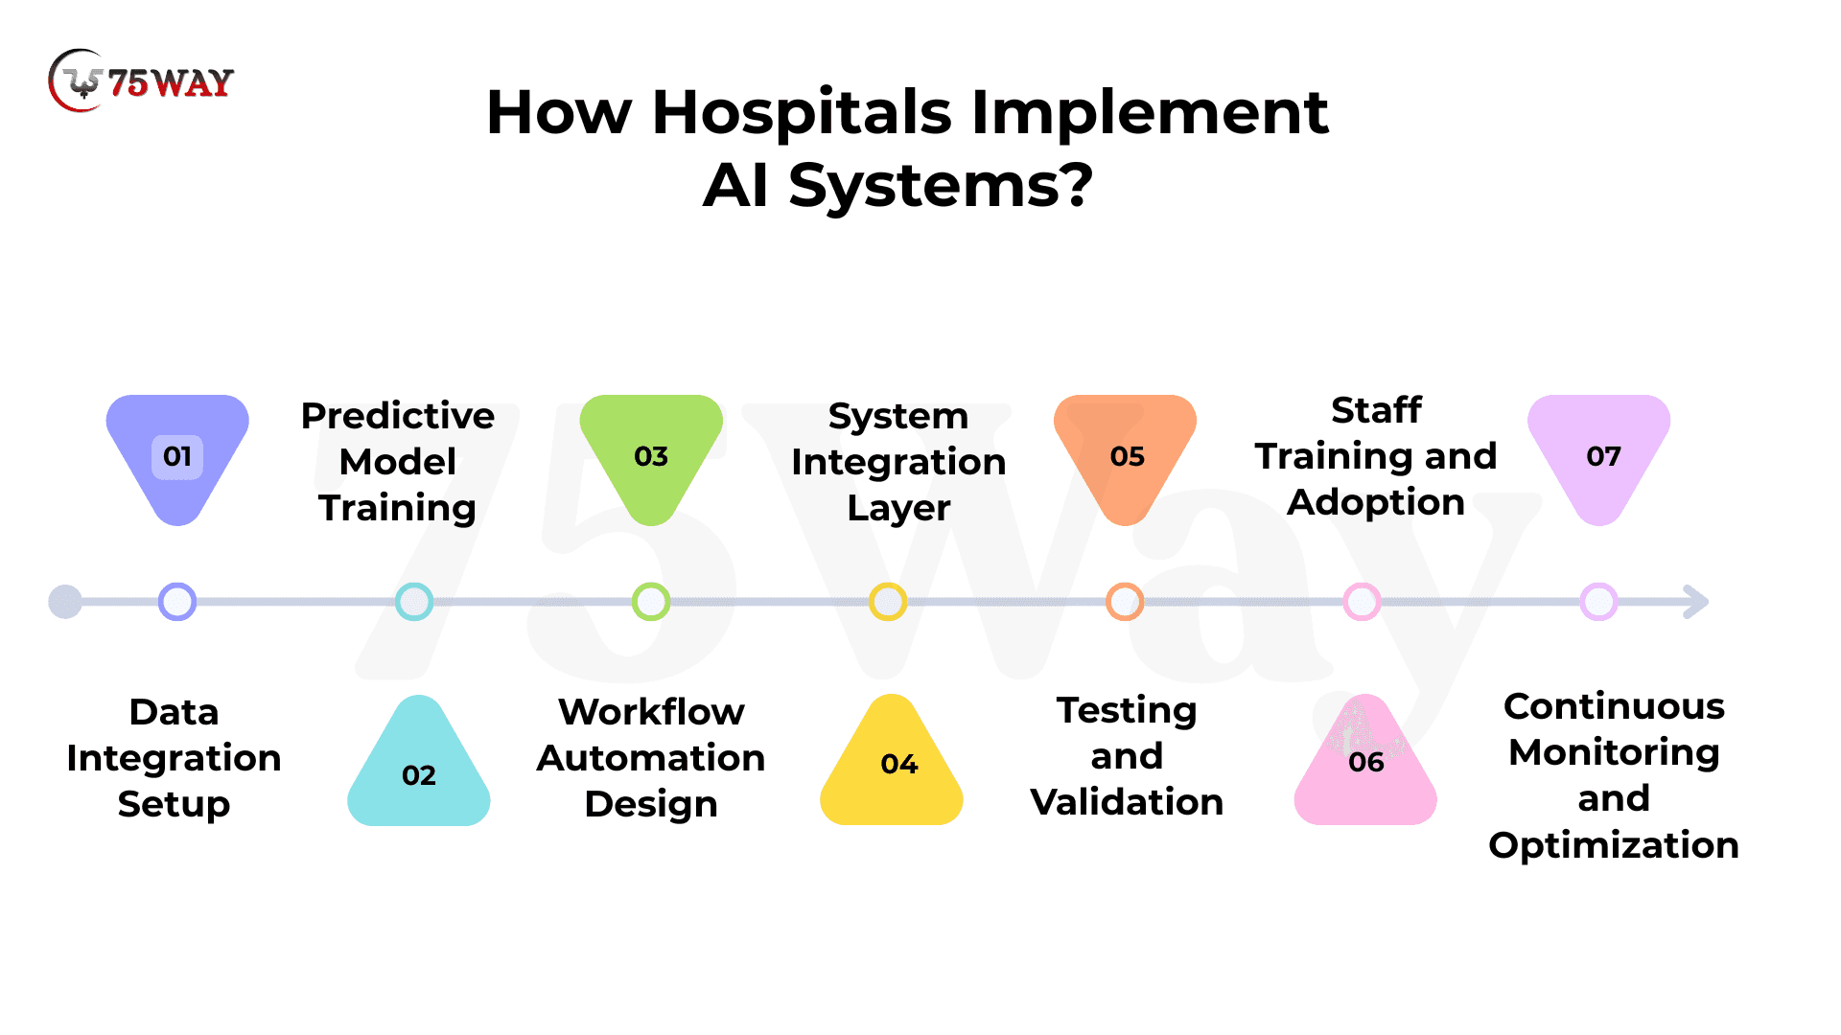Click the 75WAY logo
click(x=141, y=81)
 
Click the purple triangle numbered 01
click(x=177, y=459)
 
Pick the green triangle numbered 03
click(x=651, y=459)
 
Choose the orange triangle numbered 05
click(x=1126, y=459)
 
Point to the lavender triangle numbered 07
click(x=1599, y=459)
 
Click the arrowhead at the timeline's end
click(x=1697, y=602)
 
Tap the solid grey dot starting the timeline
click(x=65, y=602)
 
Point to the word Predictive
click(x=398, y=416)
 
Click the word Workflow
click(x=651, y=712)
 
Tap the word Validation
click(x=1127, y=802)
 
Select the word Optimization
click(x=1614, y=846)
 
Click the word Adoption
click(x=1376, y=503)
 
